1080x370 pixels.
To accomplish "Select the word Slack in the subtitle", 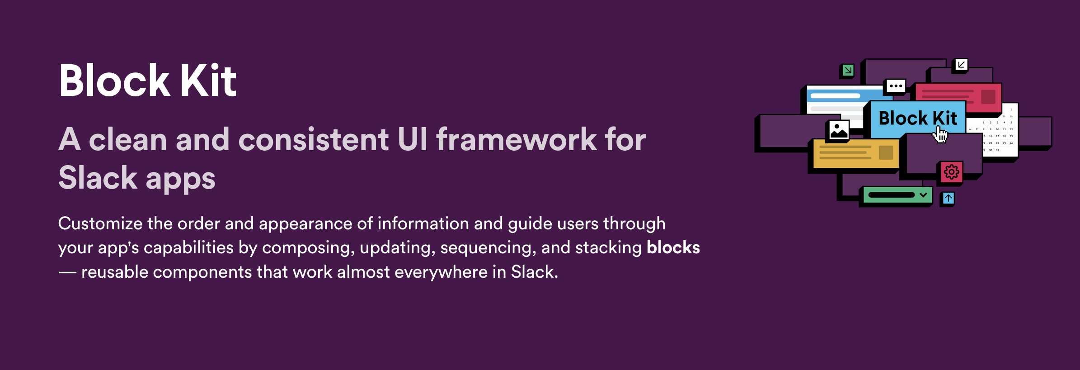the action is (x=98, y=178).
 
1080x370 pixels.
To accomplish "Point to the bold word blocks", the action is (x=673, y=247).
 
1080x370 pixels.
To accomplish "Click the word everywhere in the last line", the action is (x=441, y=272).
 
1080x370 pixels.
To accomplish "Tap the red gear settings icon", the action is (x=951, y=172).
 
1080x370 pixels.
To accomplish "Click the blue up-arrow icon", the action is (x=948, y=198).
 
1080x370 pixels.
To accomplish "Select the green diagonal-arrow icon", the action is (x=848, y=70).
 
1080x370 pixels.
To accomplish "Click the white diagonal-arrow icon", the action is (x=961, y=65).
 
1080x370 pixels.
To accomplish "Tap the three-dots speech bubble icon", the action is (x=896, y=86).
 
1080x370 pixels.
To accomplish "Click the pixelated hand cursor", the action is (x=940, y=135).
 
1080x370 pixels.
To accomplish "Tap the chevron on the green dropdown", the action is (x=923, y=195).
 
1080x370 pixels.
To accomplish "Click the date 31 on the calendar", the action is (x=997, y=150).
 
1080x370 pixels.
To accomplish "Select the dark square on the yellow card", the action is (x=886, y=152).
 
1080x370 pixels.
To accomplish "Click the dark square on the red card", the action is (x=988, y=97).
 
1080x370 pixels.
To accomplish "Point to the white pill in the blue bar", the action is (x=836, y=96).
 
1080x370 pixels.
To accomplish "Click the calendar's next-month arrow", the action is (x=1011, y=109).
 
